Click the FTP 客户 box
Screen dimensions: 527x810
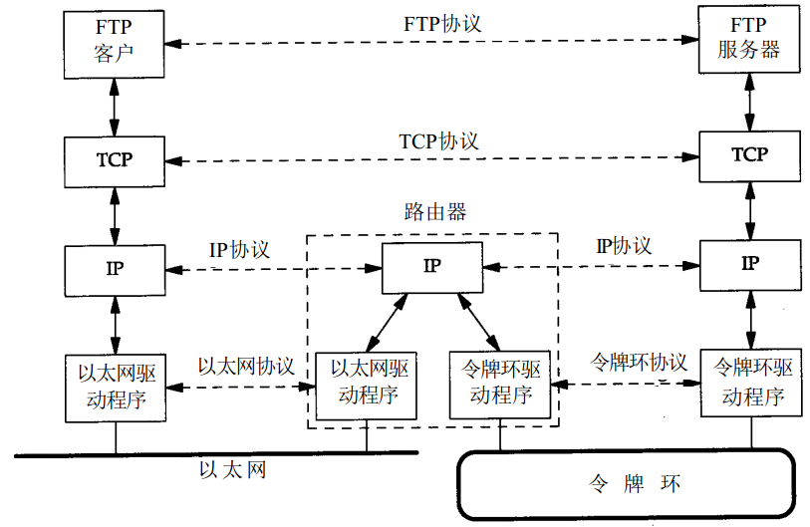coord(115,43)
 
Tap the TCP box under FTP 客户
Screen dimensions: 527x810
coord(115,159)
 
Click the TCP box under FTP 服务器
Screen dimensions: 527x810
coord(749,155)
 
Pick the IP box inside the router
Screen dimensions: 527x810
coord(432,266)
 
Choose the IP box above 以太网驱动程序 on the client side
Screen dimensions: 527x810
coord(115,267)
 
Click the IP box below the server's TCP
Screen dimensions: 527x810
coord(749,264)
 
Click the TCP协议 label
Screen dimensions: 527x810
coord(438,141)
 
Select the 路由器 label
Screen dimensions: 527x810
coord(435,212)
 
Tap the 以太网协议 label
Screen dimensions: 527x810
coord(246,366)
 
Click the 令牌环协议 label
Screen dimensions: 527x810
coord(640,361)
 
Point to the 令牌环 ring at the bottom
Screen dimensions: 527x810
coord(627,485)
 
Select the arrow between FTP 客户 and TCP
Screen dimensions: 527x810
coord(115,110)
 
